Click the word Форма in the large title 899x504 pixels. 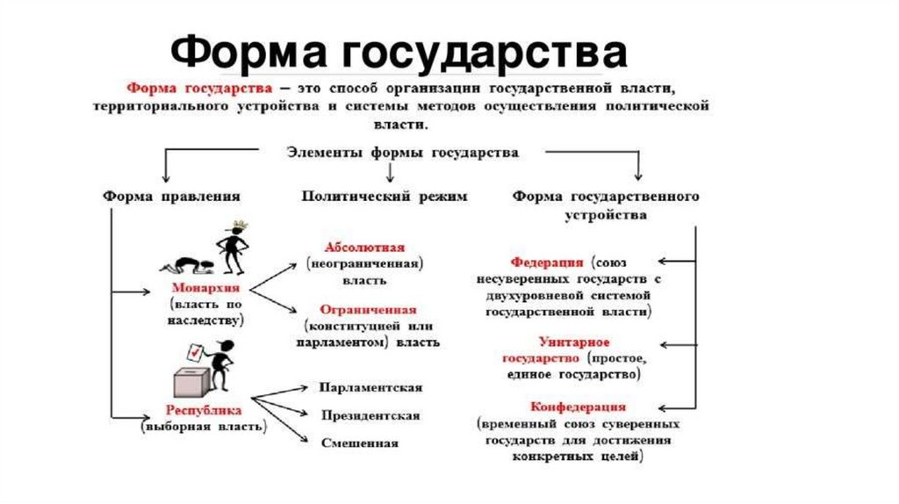click(242, 54)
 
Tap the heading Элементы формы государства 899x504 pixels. click(403, 151)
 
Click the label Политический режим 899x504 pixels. click(385, 196)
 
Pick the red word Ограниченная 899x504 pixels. click(369, 310)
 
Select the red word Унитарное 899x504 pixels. click(574, 342)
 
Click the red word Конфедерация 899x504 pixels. click(578, 407)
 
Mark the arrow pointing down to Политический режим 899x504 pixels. click(390, 175)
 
